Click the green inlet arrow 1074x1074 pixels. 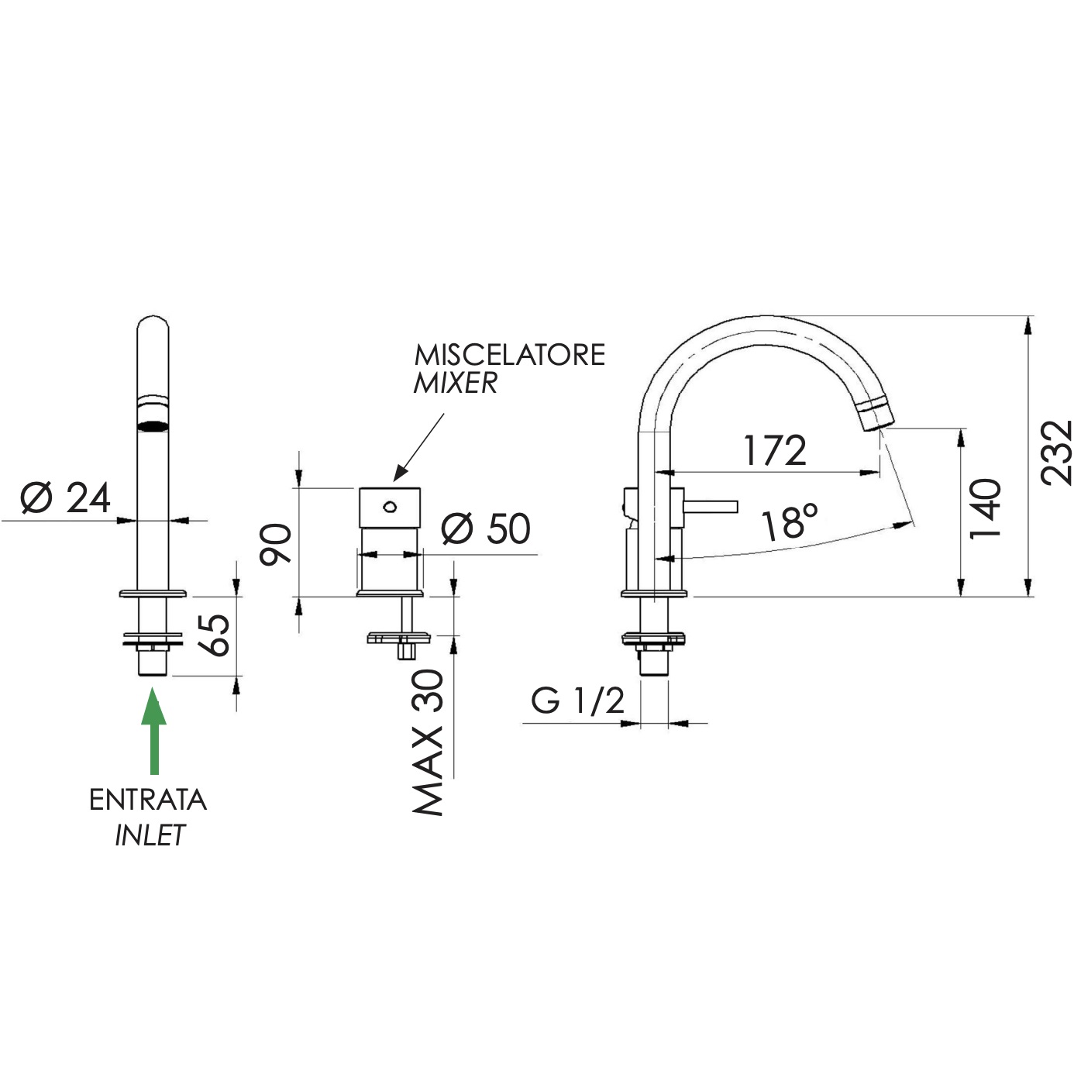click(x=153, y=730)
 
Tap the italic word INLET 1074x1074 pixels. click(x=150, y=835)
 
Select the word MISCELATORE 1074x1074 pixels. click(x=509, y=355)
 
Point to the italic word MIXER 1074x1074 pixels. click(x=455, y=383)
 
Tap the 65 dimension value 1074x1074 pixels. click(x=213, y=635)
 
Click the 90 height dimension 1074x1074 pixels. click(x=276, y=545)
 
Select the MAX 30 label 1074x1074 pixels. click(x=428, y=742)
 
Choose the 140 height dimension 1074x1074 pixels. click(x=986, y=508)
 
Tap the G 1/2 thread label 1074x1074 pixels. click(x=577, y=701)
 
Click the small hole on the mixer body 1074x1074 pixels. click(x=389, y=507)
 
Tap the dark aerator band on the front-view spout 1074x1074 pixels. click(x=153, y=427)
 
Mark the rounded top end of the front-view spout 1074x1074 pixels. click(x=153, y=320)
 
